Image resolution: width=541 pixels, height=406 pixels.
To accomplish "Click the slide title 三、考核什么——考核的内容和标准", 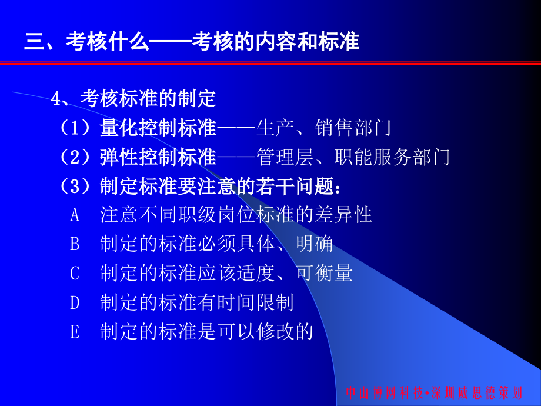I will point(192,43).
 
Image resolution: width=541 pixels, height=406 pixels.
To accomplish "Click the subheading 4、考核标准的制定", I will point(134,98).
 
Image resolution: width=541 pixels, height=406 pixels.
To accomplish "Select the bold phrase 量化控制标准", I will point(158,127).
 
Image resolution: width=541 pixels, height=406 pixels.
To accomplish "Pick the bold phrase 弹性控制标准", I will point(158,157).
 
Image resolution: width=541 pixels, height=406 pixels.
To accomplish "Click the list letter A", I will point(75,215).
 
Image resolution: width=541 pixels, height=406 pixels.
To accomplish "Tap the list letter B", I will point(75,244).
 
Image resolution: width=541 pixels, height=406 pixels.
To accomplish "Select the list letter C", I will point(75,274).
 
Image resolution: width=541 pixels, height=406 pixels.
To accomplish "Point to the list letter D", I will point(75,303).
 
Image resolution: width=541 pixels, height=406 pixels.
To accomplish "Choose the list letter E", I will point(75,332).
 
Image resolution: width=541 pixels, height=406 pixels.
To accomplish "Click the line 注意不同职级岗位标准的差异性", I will point(236,214).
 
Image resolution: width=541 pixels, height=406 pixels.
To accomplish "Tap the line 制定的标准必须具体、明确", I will point(216,244).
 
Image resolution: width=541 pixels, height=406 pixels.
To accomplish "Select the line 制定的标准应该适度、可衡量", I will point(226,273).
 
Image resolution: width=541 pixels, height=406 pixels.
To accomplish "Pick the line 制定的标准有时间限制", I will point(197,302).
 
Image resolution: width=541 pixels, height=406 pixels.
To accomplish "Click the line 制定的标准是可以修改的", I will point(207,332).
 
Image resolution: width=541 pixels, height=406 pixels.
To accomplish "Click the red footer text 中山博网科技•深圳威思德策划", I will point(433,393).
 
